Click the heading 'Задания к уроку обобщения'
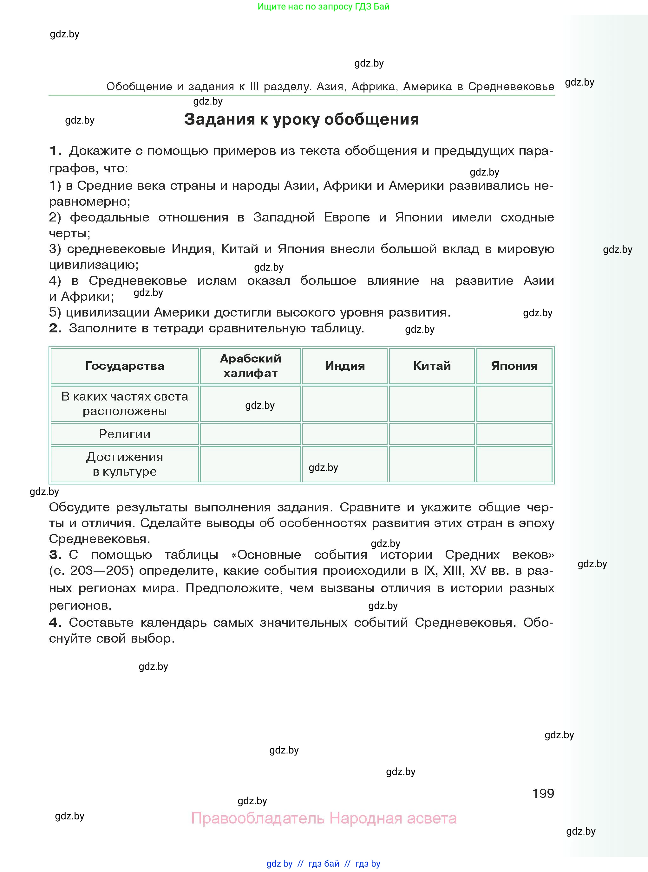pos(301,119)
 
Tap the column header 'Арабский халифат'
pos(250,366)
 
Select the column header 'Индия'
pos(345,366)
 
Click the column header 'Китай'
pos(432,366)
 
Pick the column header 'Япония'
pos(514,366)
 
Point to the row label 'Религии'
pos(124,434)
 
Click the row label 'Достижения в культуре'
pos(124,464)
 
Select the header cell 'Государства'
pos(124,366)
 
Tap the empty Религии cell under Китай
pos(432,434)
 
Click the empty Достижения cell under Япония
pos(514,464)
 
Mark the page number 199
pos(543,793)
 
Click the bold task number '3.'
pos(55,555)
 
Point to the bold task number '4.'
pos(55,622)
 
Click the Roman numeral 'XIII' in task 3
pos(452,571)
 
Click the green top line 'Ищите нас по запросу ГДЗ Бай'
pos(324,6)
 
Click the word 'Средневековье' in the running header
pos(511,87)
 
